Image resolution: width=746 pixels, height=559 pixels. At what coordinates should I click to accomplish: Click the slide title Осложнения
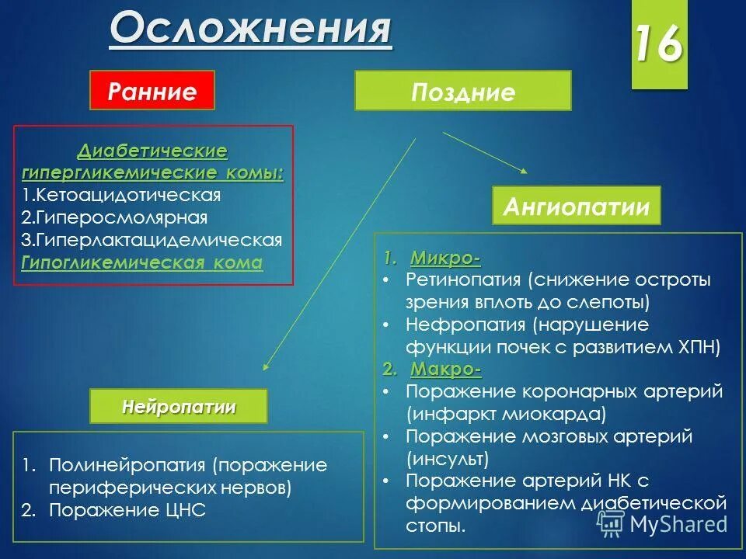tap(250, 29)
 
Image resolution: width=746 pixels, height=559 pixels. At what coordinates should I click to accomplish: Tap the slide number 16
tap(658, 45)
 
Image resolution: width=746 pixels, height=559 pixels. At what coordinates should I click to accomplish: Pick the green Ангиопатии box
tap(576, 207)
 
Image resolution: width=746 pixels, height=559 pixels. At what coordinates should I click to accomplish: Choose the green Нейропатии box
tap(178, 406)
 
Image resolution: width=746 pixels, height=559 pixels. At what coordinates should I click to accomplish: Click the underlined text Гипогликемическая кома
tap(141, 262)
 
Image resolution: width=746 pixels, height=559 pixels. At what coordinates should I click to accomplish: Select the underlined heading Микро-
tap(445, 257)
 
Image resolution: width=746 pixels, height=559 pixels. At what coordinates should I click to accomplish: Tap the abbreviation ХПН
tap(699, 346)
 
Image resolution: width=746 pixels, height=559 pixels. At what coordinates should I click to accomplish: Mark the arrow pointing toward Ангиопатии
tap(486, 151)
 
